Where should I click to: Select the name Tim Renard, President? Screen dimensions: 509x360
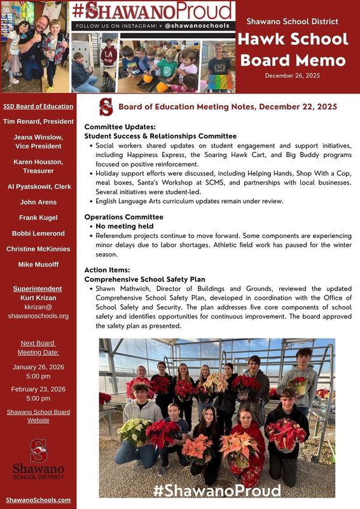pyautogui.click(x=38, y=121)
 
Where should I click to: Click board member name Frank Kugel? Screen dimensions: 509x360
pyautogui.click(x=38, y=218)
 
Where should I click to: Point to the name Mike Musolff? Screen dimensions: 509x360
pyautogui.click(x=38, y=264)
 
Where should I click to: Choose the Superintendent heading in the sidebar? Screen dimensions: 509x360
pyautogui.click(x=38, y=289)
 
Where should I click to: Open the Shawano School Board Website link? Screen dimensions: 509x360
pyautogui.click(x=38, y=416)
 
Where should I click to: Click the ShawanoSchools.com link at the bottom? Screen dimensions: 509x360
pyautogui.click(x=38, y=500)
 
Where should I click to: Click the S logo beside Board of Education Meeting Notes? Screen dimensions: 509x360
pyautogui.click(x=106, y=107)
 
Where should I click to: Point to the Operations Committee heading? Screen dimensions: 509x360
pyautogui.click(x=123, y=217)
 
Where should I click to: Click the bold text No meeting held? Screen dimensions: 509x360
pyautogui.click(x=124, y=226)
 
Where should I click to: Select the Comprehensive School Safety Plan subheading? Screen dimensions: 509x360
pyautogui.click(x=144, y=279)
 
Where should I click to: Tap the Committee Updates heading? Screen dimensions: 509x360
pyautogui.click(x=120, y=127)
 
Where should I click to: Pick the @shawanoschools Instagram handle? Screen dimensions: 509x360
pyautogui.click(x=196, y=26)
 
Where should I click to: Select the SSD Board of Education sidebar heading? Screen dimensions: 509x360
pyautogui.click(x=38, y=106)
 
